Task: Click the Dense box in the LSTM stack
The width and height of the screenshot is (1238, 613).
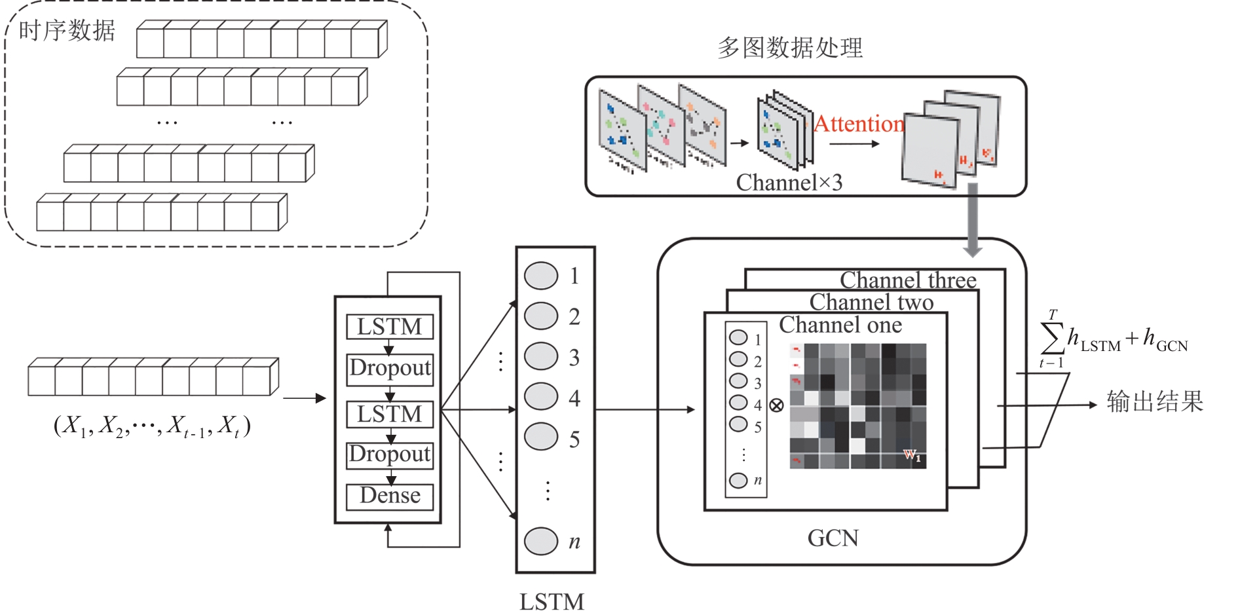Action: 390,496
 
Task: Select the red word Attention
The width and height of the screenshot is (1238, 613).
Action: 859,124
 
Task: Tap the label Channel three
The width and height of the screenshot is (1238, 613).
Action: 908,280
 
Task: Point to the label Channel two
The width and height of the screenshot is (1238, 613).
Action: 871,303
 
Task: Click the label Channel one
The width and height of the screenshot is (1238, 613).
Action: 840,325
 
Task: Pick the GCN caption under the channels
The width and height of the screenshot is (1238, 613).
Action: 833,538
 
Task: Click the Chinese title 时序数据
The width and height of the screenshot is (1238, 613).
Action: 67,31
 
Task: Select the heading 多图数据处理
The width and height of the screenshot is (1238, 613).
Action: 790,48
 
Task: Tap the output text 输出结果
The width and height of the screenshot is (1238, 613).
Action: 1155,401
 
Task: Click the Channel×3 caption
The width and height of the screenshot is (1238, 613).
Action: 789,183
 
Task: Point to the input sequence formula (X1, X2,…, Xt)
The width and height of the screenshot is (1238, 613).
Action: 152,426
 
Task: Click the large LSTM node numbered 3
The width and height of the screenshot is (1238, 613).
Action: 541,357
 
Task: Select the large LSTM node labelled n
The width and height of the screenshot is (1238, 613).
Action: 541,541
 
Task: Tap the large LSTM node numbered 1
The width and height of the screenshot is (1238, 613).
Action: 541,276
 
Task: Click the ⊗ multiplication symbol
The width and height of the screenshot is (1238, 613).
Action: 776,405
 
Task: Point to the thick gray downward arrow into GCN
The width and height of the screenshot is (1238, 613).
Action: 973,219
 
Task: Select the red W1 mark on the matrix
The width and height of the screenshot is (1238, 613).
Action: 912,455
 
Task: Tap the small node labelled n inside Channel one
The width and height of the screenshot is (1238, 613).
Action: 738,480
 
